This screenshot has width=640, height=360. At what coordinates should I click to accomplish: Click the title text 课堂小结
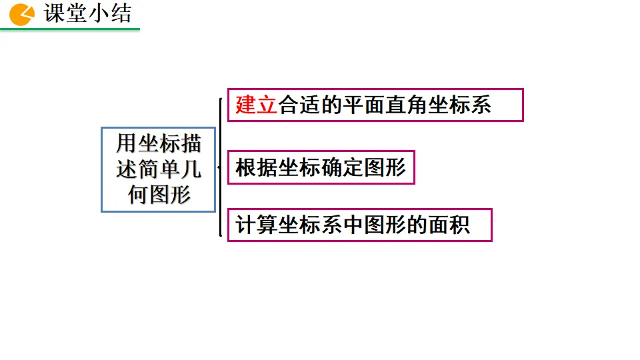tap(88, 13)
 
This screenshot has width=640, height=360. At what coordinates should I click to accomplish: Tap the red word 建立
tap(256, 105)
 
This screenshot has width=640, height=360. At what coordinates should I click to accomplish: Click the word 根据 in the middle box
tap(257, 167)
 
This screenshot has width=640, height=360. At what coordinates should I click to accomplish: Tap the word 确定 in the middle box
tap(342, 167)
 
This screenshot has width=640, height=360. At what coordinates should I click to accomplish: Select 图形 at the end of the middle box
tap(385, 167)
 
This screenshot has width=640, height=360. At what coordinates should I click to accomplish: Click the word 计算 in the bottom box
tap(257, 225)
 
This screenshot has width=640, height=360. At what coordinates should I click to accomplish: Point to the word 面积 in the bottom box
tap(449, 225)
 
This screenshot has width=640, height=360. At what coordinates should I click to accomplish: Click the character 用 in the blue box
tap(127, 143)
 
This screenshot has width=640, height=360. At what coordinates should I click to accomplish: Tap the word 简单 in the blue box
tap(159, 169)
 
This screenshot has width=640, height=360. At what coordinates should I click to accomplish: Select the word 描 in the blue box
tap(191, 143)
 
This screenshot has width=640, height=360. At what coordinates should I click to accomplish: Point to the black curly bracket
tap(220, 167)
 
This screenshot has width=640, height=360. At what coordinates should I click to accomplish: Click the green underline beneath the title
tap(70, 29)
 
